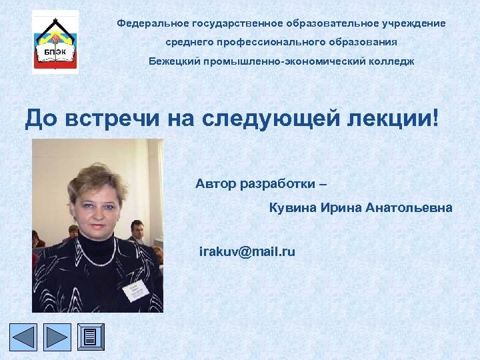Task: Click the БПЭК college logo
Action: point(55,41)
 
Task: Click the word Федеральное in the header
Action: point(147,23)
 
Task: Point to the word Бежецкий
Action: point(173,61)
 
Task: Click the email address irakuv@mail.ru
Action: point(247,252)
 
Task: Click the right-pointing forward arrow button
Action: point(57,338)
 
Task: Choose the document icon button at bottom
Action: point(91,338)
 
